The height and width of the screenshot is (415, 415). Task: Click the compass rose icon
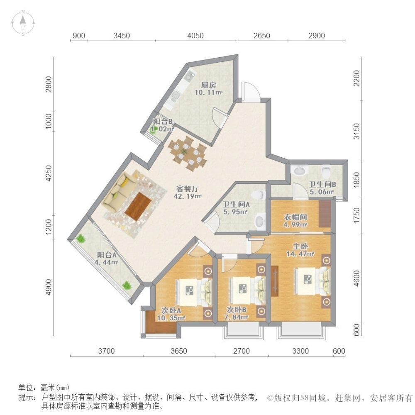coord(23,23)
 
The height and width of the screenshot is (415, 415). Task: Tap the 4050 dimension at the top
coord(195,35)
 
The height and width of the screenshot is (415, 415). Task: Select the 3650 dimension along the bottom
coord(178,351)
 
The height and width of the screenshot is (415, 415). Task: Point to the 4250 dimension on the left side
coord(49,173)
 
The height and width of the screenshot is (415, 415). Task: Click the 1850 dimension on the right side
coord(357,180)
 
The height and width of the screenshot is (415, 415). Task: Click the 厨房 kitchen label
coord(209,85)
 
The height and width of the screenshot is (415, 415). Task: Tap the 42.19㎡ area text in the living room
coord(188,196)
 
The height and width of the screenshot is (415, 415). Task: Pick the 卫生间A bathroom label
coord(236,204)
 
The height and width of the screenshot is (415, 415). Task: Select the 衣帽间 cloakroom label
coord(295,217)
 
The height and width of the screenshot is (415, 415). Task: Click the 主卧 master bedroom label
coord(300,247)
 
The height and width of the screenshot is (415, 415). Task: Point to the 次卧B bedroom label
coord(237,310)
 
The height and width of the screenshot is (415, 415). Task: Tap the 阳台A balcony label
coord(107,255)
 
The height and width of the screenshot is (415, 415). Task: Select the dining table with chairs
coord(188,154)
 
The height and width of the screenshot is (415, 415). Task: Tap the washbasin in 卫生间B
coord(300,170)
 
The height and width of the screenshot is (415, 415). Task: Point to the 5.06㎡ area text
coord(322,192)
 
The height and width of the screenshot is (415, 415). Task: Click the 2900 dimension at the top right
coord(317,35)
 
